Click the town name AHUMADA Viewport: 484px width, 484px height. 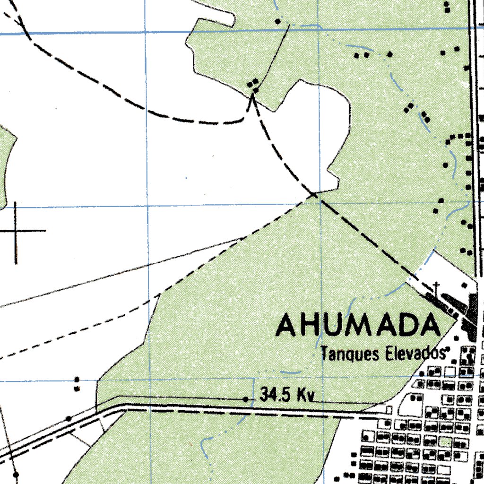click(358, 326)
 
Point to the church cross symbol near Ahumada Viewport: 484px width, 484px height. click(437, 286)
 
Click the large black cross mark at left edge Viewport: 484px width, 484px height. click(17, 231)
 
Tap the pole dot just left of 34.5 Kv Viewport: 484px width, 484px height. click(246, 399)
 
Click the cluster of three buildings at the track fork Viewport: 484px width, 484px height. click(254, 86)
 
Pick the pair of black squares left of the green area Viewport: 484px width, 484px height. click(77, 384)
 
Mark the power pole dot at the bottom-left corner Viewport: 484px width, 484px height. click(16, 473)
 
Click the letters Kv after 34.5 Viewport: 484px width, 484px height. click(305, 395)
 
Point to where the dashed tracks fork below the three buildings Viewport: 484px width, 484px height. click(252, 97)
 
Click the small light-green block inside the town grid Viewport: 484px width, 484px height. click(444, 442)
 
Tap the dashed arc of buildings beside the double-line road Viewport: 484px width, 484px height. click(458, 137)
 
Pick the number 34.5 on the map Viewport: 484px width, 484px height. click(276, 395)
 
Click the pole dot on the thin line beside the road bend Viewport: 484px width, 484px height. click(69, 418)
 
